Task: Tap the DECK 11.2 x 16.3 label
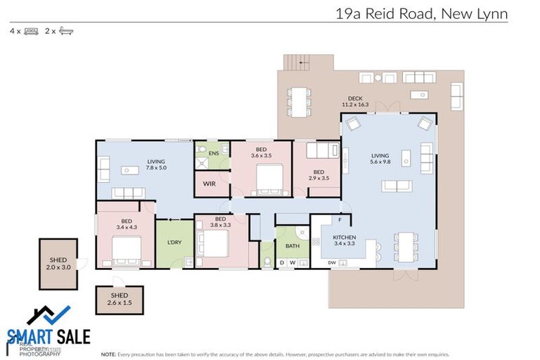pyautogui.click(x=355, y=101)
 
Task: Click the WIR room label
pyautogui.click(x=209, y=184)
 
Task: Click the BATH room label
pyautogui.click(x=292, y=246)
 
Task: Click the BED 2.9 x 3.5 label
pyautogui.click(x=319, y=175)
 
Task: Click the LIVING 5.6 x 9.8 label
pyautogui.click(x=380, y=159)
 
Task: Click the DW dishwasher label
pyautogui.click(x=333, y=263)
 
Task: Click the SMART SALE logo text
pyautogui.click(x=49, y=336)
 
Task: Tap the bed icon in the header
pyautogui.click(x=31, y=31)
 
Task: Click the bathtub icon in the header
pyautogui.click(x=67, y=31)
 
